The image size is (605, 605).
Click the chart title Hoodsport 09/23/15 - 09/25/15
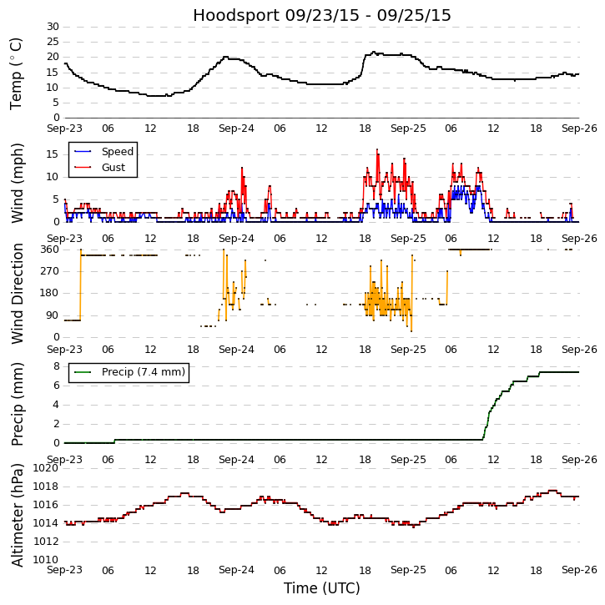322,16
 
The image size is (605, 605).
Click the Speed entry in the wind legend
117,152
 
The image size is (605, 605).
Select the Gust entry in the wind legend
113,168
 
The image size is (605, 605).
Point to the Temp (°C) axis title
17,73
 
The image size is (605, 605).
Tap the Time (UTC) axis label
322,588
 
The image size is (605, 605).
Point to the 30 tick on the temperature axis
53,27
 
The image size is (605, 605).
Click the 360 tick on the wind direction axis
49,250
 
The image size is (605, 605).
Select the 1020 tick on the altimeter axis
46,468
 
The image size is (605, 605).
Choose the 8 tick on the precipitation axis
56,366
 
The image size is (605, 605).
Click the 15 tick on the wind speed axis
53,154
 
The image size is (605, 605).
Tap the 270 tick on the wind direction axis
49,271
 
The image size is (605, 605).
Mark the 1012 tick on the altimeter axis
46,542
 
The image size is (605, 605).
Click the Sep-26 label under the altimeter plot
579,570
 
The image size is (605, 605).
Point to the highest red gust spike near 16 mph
376,150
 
